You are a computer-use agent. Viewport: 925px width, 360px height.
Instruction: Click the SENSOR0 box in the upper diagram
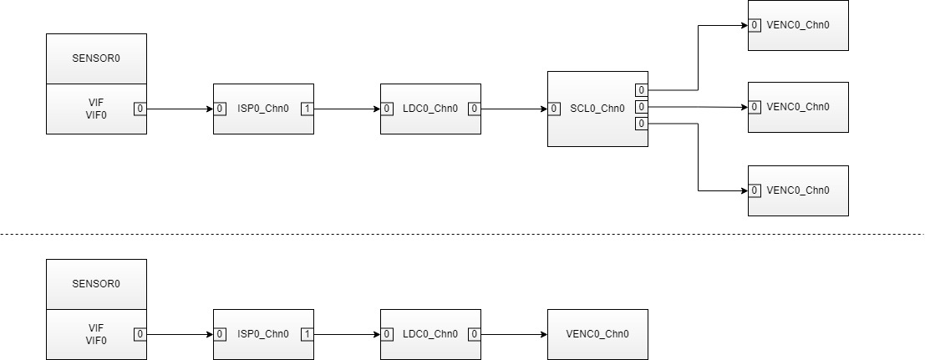[96, 59]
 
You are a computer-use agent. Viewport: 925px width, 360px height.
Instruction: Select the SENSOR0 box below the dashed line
[96, 284]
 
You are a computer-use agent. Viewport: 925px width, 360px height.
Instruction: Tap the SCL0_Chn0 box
[597, 109]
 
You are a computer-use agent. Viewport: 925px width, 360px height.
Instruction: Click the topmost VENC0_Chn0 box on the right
[798, 25]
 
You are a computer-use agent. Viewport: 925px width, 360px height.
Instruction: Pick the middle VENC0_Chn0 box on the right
[798, 107]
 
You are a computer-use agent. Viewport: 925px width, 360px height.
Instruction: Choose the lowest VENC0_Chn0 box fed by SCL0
[798, 190]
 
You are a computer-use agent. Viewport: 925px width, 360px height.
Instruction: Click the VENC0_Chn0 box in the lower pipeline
[597, 334]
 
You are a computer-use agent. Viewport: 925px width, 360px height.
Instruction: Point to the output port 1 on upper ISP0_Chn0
[307, 109]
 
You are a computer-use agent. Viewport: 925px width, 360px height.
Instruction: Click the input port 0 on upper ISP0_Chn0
[220, 109]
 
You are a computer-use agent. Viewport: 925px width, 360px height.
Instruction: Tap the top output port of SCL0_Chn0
[641, 90]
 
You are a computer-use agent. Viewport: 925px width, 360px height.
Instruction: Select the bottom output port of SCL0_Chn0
[641, 124]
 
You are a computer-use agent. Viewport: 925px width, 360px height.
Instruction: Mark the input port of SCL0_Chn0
[554, 109]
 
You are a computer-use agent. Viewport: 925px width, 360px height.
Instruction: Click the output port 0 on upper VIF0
[140, 109]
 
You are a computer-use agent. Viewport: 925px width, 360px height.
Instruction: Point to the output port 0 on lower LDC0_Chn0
[474, 334]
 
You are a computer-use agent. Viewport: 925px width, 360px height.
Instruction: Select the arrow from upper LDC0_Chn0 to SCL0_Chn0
[513, 109]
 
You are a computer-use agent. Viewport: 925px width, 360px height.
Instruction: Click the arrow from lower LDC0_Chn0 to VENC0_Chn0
[513, 334]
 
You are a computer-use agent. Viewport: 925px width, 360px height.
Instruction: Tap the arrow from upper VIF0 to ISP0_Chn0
[179, 109]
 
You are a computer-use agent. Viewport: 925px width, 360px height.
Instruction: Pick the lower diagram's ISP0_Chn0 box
[263, 334]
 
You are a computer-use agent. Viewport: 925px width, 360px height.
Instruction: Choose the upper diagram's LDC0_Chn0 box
[430, 109]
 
